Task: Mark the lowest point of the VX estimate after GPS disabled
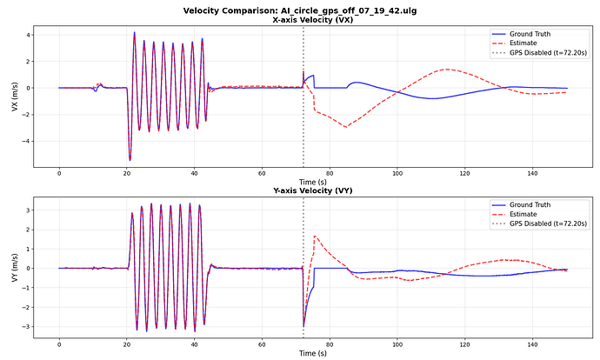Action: pyautogui.click(x=346, y=127)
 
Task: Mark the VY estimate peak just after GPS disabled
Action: pyautogui.click(x=315, y=237)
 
